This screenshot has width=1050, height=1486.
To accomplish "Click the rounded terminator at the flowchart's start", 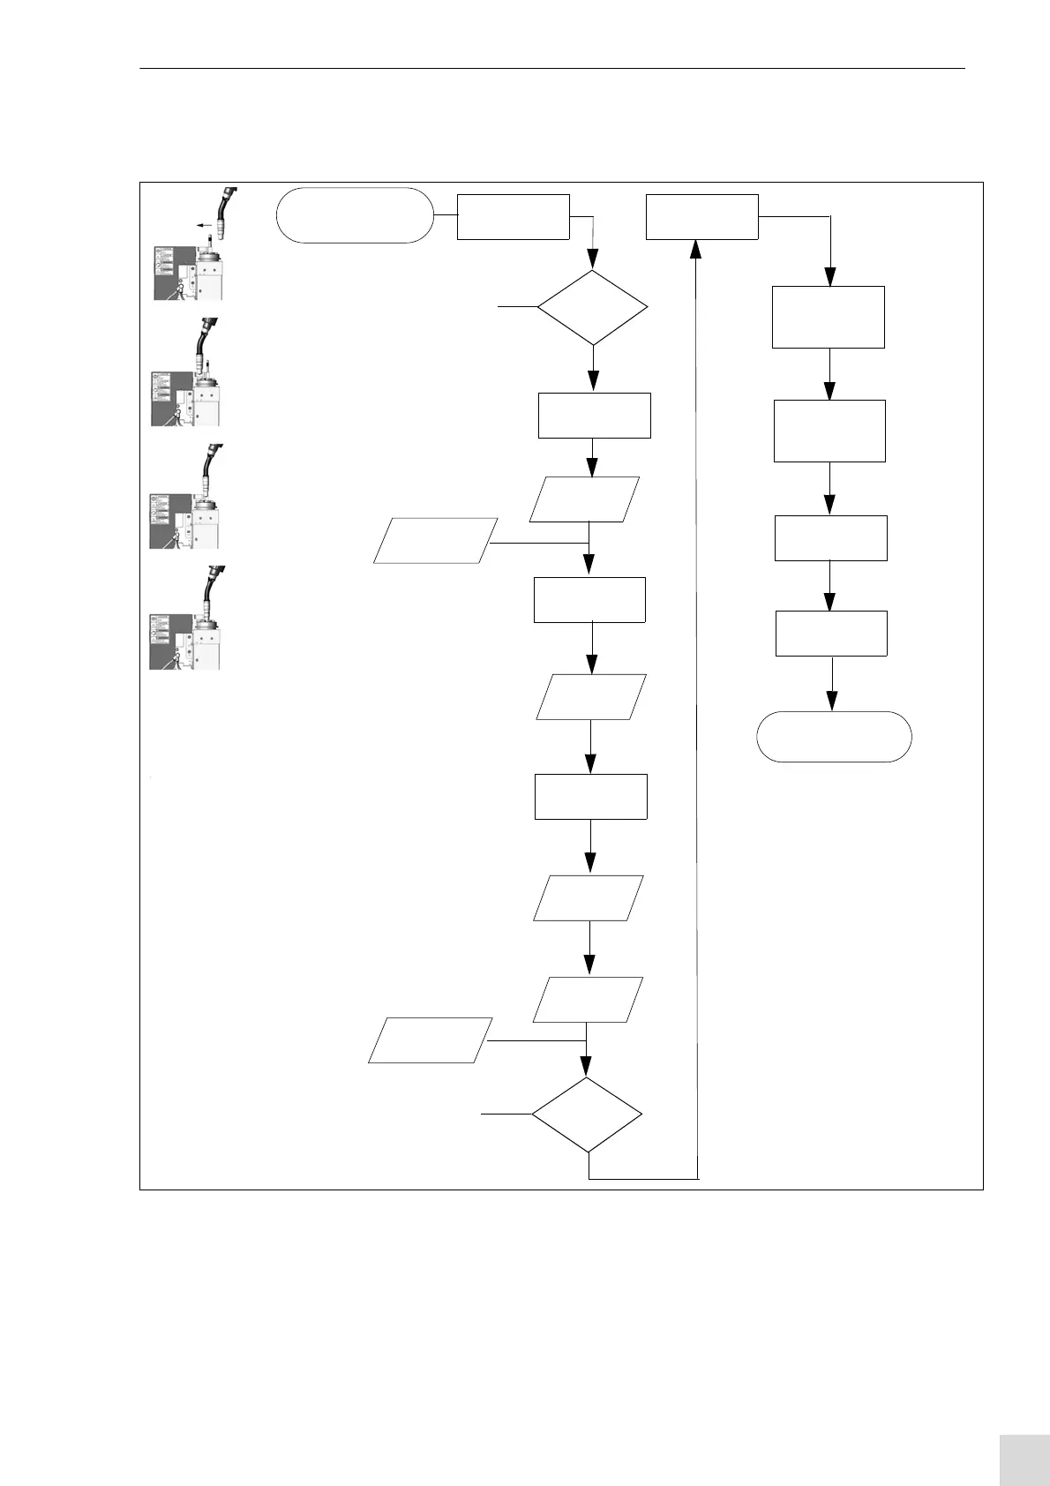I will coord(355,214).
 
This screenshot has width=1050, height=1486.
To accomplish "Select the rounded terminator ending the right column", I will coord(834,736).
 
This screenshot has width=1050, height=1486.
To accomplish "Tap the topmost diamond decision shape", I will coord(593,307).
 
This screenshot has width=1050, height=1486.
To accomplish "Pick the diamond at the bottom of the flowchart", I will coord(587,1114).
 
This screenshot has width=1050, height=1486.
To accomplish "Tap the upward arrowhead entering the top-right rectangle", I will coord(695,250).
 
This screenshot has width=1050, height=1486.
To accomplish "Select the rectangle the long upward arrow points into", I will coord(701,216).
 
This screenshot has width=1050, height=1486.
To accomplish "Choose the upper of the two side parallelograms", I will coord(433,540).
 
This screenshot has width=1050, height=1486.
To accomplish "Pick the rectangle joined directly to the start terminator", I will coord(513,216).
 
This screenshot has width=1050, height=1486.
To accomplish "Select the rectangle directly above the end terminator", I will coord(831,633).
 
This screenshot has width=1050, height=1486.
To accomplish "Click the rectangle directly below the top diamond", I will coord(594,415).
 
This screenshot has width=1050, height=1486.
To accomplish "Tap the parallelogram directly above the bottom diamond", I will coord(588,999).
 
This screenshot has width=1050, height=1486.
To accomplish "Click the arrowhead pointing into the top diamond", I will coord(592,259).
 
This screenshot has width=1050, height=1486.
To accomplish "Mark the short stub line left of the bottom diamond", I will coord(506,1114).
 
